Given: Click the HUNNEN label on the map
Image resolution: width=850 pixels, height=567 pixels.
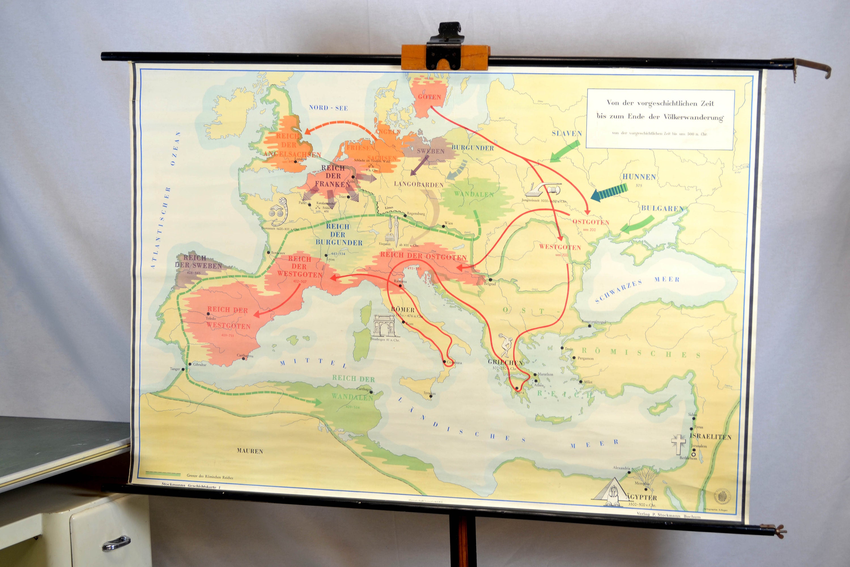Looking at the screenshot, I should (639, 177).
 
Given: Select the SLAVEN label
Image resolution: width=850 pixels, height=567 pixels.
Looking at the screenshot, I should (566, 134).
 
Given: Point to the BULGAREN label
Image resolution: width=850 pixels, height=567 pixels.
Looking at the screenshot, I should (662, 208).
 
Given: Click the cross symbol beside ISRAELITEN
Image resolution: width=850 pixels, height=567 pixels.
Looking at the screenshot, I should (678, 444).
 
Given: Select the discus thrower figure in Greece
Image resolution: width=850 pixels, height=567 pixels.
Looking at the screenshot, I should (505, 345).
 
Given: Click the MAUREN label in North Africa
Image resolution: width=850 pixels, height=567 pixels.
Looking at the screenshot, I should (250, 451).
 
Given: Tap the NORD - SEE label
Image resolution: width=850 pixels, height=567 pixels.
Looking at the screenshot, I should (328, 108).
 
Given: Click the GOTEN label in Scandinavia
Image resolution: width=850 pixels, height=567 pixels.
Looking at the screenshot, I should (429, 97).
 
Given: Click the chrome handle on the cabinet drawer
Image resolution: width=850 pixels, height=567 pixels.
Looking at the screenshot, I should (116, 543).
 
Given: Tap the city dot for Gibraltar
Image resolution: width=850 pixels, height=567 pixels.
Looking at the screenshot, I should (189, 364).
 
